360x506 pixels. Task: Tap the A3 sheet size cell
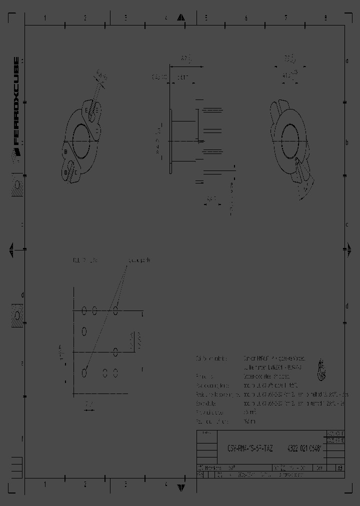(x=339, y=468)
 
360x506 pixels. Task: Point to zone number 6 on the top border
(x=246, y=18)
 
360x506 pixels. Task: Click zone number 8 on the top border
(x=326, y=18)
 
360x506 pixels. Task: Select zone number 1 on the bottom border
(x=45, y=484)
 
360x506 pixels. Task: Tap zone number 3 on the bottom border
(x=125, y=484)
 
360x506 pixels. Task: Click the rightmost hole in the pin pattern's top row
(x=115, y=311)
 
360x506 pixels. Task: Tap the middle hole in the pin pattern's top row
(x=94, y=311)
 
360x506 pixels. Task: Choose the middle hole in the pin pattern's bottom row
(x=105, y=372)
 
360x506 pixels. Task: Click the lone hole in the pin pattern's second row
(x=84, y=331)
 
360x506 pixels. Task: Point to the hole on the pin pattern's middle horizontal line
(x=115, y=352)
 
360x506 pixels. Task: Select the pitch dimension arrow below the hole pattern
(x=89, y=410)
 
